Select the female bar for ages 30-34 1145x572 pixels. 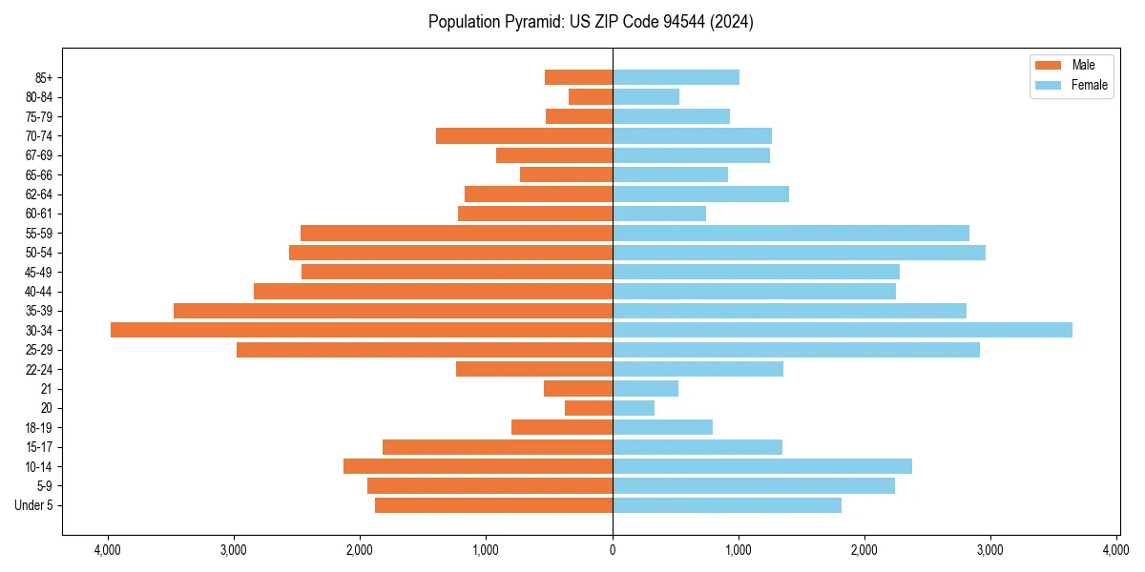842,330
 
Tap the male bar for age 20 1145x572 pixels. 589,408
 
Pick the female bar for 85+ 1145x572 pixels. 676,77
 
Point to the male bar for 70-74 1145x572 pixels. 524,135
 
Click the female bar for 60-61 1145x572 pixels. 659,214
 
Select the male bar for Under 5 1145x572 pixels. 493,505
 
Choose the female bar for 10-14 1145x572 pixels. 761,466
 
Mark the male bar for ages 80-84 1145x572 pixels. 591,96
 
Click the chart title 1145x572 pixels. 591,22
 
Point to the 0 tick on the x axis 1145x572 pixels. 613,549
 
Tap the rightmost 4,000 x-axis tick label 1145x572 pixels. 1116,549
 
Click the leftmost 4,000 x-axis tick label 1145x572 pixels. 108,549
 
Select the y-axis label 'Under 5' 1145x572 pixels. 33,505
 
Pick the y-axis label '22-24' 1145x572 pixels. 39,369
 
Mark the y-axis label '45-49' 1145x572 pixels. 39,272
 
